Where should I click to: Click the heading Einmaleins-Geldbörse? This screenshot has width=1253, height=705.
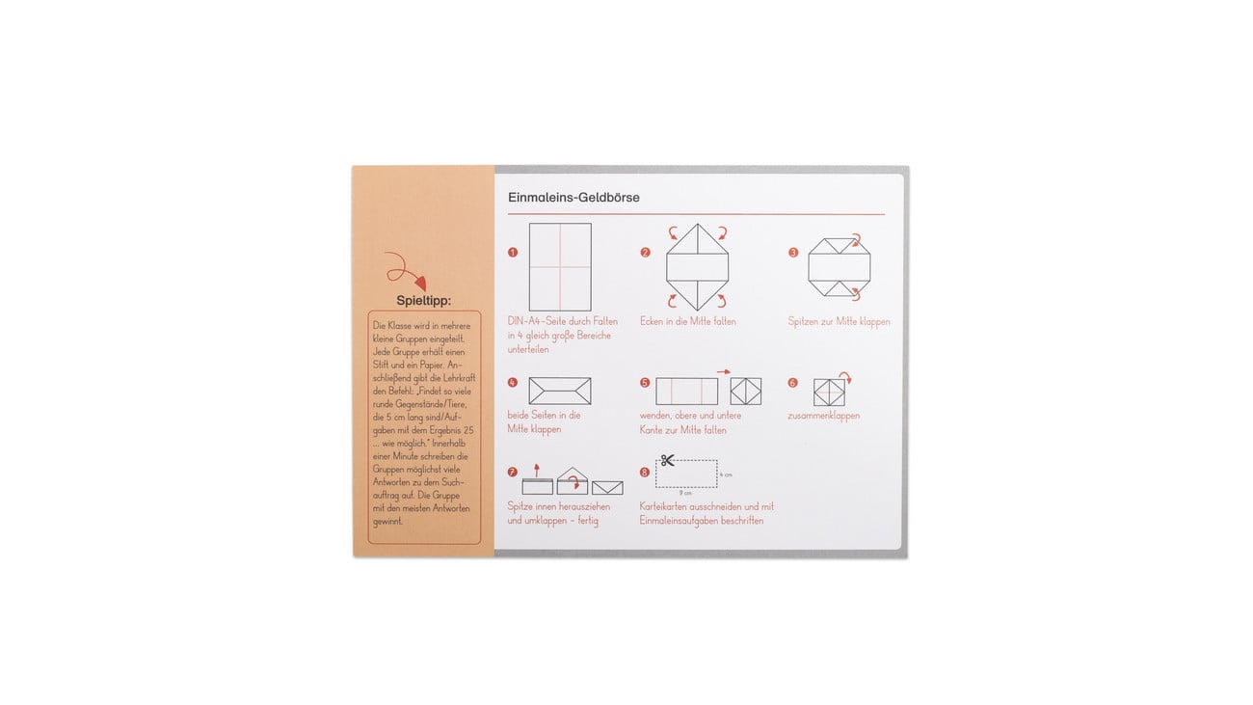click(573, 198)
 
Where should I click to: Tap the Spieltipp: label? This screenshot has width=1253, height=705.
click(423, 300)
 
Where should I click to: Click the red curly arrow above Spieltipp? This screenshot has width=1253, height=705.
click(406, 271)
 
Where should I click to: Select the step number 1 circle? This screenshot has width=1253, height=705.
click(513, 253)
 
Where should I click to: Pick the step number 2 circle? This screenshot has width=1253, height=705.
click(646, 253)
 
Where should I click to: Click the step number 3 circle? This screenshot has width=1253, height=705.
click(793, 253)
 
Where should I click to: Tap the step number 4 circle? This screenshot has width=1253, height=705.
click(513, 383)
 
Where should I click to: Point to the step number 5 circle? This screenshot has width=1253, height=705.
click(646, 383)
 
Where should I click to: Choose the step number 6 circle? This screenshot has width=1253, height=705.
click(793, 383)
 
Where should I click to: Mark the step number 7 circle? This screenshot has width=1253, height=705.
click(513, 473)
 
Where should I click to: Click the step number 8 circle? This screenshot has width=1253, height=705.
click(646, 473)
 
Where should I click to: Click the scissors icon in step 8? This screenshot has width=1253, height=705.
click(668, 460)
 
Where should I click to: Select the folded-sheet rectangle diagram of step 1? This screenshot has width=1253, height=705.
click(560, 266)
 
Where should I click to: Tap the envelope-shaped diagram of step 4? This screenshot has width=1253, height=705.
click(560, 391)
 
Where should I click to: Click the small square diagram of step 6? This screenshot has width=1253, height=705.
click(829, 392)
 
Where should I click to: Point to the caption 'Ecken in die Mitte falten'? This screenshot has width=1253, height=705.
click(687, 321)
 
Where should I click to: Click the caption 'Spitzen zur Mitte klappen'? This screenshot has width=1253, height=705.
click(839, 321)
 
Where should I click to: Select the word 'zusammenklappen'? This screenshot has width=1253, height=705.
click(823, 416)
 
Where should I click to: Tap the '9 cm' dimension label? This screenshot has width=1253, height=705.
click(686, 493)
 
